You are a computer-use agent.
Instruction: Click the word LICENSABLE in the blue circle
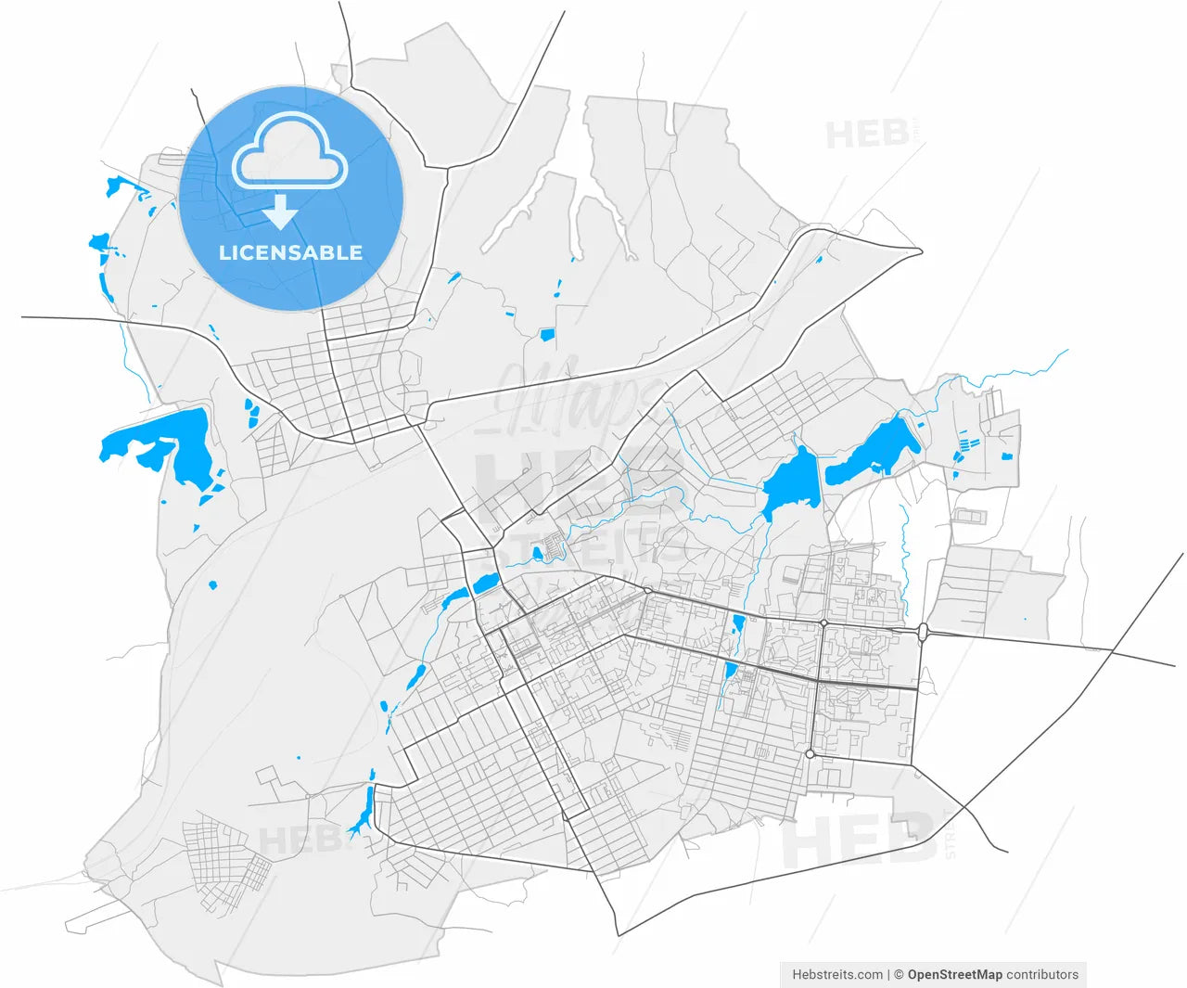(x=290, y=252)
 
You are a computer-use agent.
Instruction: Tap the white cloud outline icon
(x=289, y=153)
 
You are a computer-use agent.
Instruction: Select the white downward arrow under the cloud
(x=279, y=212)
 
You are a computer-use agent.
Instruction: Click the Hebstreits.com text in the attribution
(x=837, y=975)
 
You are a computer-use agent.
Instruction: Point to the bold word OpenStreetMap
(x=954, y=975)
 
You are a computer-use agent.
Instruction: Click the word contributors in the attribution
(x=1042, y=975)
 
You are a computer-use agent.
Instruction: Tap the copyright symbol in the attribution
(x=898, y=975)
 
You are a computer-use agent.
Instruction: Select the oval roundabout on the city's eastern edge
(x=923, y=633)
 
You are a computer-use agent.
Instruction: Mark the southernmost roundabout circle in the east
(x=810, y=754)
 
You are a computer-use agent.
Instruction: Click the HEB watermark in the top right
(x=867, y=135)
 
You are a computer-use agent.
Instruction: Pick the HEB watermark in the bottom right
(x=858, y=840)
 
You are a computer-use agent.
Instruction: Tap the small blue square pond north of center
(x=547, y=334)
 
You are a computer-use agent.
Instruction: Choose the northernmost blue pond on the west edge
(x=116, y=186)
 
